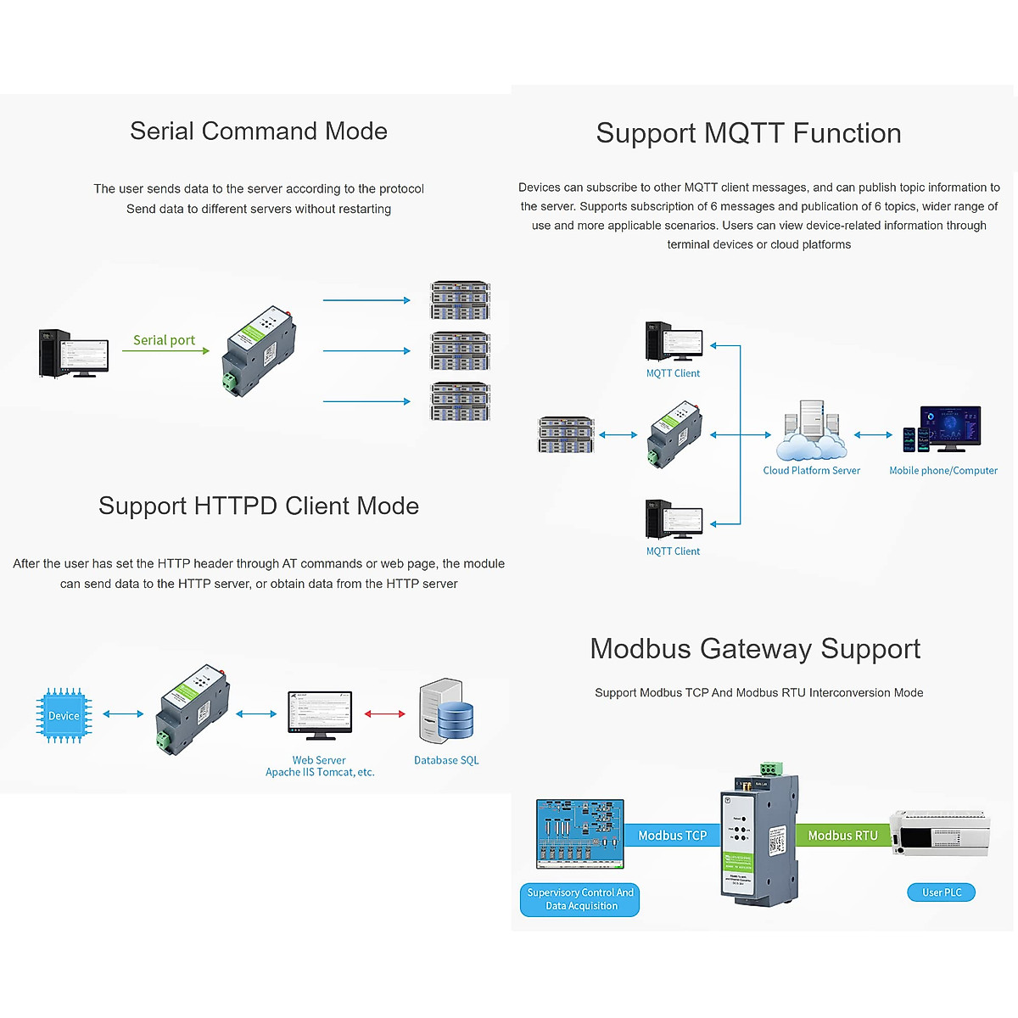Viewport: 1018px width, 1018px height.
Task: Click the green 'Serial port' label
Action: pyautogui.click(x=164, y=340)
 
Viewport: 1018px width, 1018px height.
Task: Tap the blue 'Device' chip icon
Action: pyautogui.click(x=64, y=715)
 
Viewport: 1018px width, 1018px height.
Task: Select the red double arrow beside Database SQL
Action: pyautogui.click(x=384, y=714)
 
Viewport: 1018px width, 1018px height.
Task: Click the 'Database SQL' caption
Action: pyautogui.click(x=446, y=761)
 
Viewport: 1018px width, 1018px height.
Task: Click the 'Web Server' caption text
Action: pyautogui.click(x=319, y=761)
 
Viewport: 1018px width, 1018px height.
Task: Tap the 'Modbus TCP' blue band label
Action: pyautogui.click(x=672, y=836)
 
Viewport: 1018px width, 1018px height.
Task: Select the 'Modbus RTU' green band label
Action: pyautogui.click(x=842, y=836)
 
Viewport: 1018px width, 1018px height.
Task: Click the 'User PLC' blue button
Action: pyautogui.click(x=942, y=892)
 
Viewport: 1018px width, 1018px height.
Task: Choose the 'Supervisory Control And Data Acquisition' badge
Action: pyautogui.click(x=580, y=899)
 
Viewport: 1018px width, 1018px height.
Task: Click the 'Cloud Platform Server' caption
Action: pyautogui.click(x=811, y=471)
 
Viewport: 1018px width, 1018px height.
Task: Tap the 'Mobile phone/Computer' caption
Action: pyautogui.click(x=943, y=471)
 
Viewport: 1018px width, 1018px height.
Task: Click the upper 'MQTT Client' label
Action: pyautogui.click(x=673, y=373)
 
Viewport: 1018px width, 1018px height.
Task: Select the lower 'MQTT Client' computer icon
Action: pyautogui.click(x=674, y=520)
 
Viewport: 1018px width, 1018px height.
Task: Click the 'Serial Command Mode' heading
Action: pyautogui.click(x=259, y=131)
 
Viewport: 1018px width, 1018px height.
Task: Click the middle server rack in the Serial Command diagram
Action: pyautogui.click(x=461, y=351)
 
